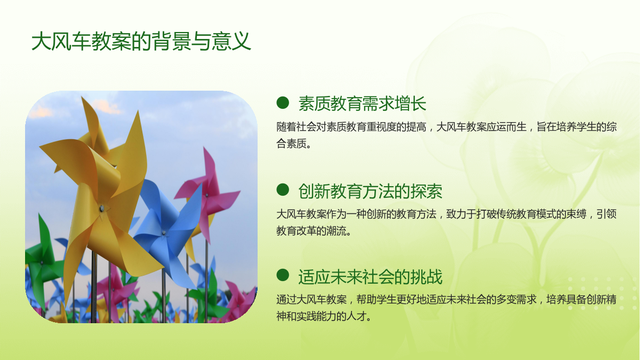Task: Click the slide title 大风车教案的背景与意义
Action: tap(141, 42)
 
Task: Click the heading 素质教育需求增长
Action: tap(362, 103)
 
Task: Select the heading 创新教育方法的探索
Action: tap(370, 191)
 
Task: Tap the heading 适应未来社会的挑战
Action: tap(370, 277)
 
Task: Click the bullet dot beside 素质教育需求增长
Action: tap(283, 103)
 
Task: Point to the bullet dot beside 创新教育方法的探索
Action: tap(283, 190)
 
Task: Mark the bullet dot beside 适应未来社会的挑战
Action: tap(283, 275)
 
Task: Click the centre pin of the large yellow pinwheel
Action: tap(102, 209)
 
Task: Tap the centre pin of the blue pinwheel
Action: tap(164, 233)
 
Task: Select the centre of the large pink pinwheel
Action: tap(206, 195)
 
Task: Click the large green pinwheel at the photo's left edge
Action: tap(43, 261)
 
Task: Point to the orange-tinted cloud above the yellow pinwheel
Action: tap(106, 106)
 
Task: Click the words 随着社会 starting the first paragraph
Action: tap(297, 127)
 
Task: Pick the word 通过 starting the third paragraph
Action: tap(286, 299)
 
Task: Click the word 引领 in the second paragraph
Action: tap(606, 214)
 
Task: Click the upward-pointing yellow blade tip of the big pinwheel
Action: tap(139, 112)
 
